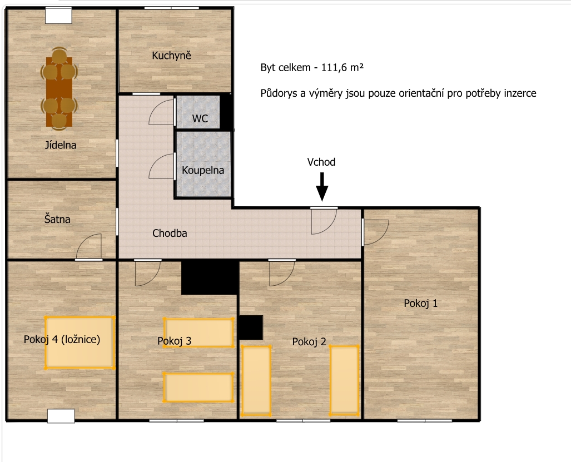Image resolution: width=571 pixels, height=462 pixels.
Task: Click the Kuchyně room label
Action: (171, 56)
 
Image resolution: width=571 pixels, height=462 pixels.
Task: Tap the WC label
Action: (200, 118)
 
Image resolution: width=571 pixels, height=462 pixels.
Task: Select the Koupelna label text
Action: (203, 170)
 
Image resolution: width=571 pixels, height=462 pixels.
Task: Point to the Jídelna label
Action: (61, 145)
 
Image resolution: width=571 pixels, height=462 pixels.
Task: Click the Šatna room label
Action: (57, 219)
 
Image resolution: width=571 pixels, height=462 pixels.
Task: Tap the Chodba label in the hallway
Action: (170, 233)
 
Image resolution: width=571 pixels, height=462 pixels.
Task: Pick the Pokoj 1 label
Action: (420, 303)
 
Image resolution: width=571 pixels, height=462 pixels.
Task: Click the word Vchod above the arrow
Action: (321, 162)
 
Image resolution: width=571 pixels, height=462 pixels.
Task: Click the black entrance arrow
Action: (322, 187)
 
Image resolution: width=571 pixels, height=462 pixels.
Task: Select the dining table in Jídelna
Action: (59, 92)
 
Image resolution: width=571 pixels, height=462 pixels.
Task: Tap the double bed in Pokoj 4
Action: (80, 342)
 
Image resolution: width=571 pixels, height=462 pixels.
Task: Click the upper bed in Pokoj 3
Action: (198, 333)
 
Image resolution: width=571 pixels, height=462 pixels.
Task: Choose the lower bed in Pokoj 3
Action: (198, 387)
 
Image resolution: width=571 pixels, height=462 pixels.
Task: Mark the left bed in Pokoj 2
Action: (256, 380)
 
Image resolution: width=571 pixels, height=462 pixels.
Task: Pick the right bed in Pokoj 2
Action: (345, 380)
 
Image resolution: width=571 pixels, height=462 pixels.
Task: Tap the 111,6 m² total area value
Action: (342, 67)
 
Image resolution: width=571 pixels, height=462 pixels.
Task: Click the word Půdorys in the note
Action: (279, 93)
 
